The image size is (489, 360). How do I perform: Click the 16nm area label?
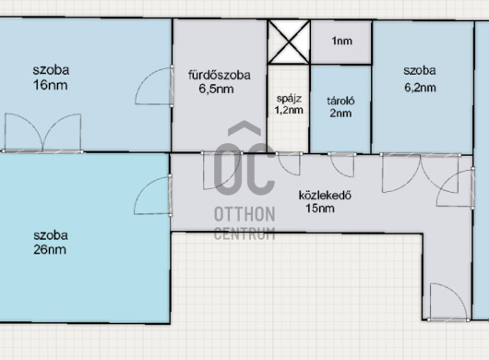coord(50,85)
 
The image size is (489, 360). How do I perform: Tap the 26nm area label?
coord(50,250)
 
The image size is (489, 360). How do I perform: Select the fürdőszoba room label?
coord(220,75)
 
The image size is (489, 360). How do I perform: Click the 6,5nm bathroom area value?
coord(216,90)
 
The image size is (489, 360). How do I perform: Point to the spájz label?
coord(289,99)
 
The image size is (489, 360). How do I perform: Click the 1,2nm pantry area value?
coord(289,110)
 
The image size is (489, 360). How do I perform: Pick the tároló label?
coord(340,101)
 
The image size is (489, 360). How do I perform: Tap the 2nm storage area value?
coord(340,113)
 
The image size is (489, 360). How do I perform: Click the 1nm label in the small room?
coord(341,41)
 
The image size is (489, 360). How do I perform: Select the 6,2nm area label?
coord(420,88)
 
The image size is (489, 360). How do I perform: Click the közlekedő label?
coord(325,196)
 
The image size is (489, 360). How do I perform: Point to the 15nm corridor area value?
coord(320,209)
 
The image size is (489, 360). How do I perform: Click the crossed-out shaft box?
coord(289,42)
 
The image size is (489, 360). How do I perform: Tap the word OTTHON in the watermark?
coord(244,215)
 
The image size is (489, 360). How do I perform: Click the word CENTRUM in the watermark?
coord(244,234)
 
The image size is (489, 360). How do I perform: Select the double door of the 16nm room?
coord(43,134)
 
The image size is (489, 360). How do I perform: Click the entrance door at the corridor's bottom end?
coord(448,302)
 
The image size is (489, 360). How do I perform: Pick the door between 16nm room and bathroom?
coord(154,86)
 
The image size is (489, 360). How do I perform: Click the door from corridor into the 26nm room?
coord(153,196)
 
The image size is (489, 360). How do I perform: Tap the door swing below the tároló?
coord(342,164)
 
